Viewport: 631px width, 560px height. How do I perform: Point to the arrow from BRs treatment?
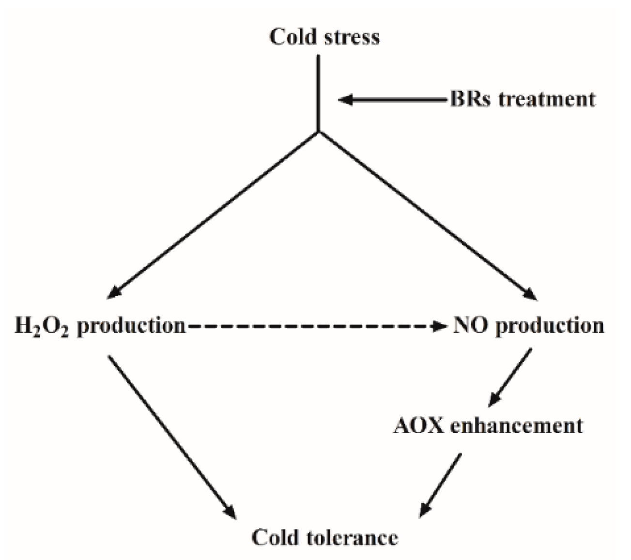click(392, 100)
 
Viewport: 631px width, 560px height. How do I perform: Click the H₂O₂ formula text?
click(42, 326)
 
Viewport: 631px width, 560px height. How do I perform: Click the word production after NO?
click(550, 326)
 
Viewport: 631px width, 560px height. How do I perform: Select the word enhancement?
click(516, 425)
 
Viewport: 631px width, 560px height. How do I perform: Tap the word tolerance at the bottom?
click(353, 537)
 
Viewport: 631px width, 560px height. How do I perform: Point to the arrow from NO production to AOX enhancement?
click(510, 378)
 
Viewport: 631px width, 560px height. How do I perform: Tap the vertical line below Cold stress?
click(318, 92)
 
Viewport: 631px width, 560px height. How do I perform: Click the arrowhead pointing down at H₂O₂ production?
click(114, 291)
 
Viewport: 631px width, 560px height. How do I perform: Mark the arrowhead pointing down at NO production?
click(530, 294)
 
